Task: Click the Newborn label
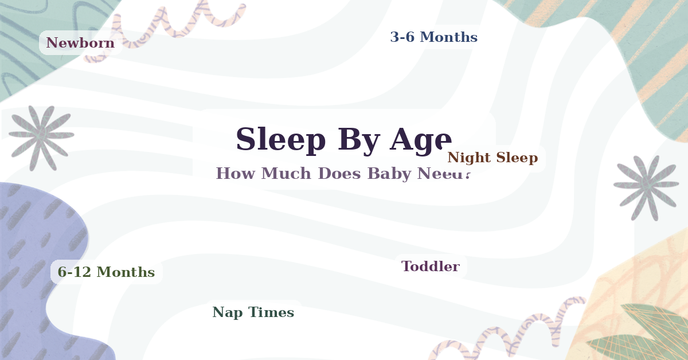pyautogui.click(x=80, y=43)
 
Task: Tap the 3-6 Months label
pyautogui.click(x=433, y=37)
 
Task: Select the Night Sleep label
pyautogui.click(x=492, y=158)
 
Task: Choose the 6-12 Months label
pyautogui.click(x=106, y=272)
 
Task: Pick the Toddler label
pyautogui.click(x=430, y=266)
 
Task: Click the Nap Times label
pyautogui.click(x=253, y=312)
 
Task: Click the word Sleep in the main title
pyautogui.click(x=281, y=139)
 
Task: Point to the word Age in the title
pyautogui.click(x=420, y=139)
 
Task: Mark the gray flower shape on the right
pyautogui.click(x=646, y=185)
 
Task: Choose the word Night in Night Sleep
pyautogui.click(x=467, y=158)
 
